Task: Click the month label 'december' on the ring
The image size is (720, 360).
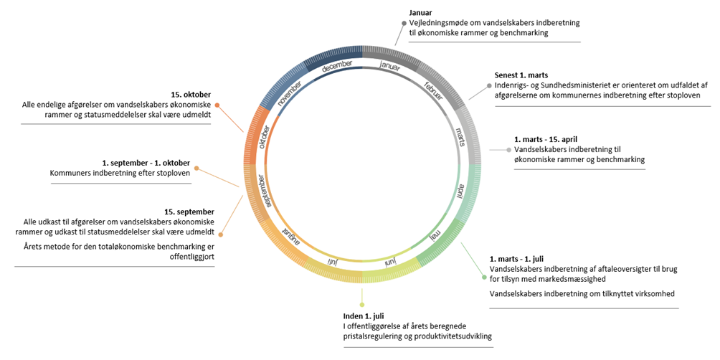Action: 337,66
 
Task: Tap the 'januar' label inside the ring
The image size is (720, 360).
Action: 389,66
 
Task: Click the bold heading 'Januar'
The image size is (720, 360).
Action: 421,13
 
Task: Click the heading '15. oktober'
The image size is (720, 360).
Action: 191,94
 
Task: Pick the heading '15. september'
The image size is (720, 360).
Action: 189,212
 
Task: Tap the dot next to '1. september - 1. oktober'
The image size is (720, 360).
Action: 196,170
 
